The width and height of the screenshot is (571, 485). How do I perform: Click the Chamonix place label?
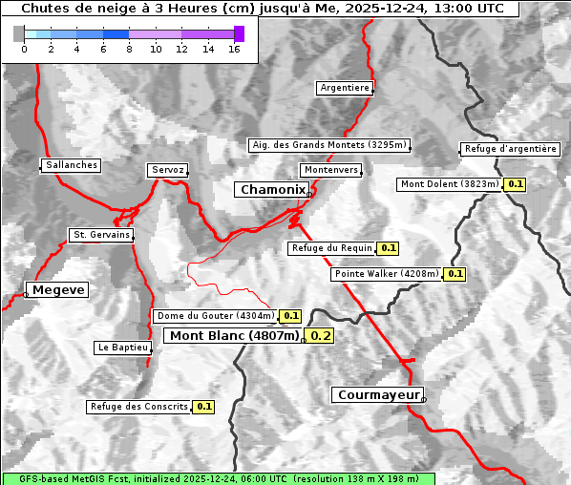tap(273, 190)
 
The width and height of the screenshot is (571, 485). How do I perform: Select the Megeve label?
tap(58, 290)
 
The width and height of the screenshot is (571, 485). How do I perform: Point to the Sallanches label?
tap(72, 165)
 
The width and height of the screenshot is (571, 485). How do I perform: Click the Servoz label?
tap(167, 170)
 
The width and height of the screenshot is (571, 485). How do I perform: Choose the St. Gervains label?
tap(101, 235)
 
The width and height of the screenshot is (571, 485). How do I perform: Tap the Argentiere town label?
tap(345, 88)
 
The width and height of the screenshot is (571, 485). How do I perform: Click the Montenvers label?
tap(331, 170)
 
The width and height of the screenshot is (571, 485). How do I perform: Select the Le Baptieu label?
tap(122, 348)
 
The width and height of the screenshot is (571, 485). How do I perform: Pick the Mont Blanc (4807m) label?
tap(234, 335)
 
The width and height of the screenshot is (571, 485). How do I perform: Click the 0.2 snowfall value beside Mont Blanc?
tap(321, 336)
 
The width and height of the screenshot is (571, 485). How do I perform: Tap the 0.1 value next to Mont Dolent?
tap(516, 184)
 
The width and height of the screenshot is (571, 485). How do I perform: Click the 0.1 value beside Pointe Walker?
tap(455, 274)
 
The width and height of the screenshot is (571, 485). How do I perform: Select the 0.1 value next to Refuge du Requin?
tap(388, 248)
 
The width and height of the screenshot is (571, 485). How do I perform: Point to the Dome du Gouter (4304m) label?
tap(215, 316)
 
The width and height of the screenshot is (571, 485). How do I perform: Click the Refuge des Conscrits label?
tap(138, 407)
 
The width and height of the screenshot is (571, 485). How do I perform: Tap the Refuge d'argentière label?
tap(510, 149)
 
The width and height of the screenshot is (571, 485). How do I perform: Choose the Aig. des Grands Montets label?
tap(328, 145)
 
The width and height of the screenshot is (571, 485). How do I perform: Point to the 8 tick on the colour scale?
tap(129, 49)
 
